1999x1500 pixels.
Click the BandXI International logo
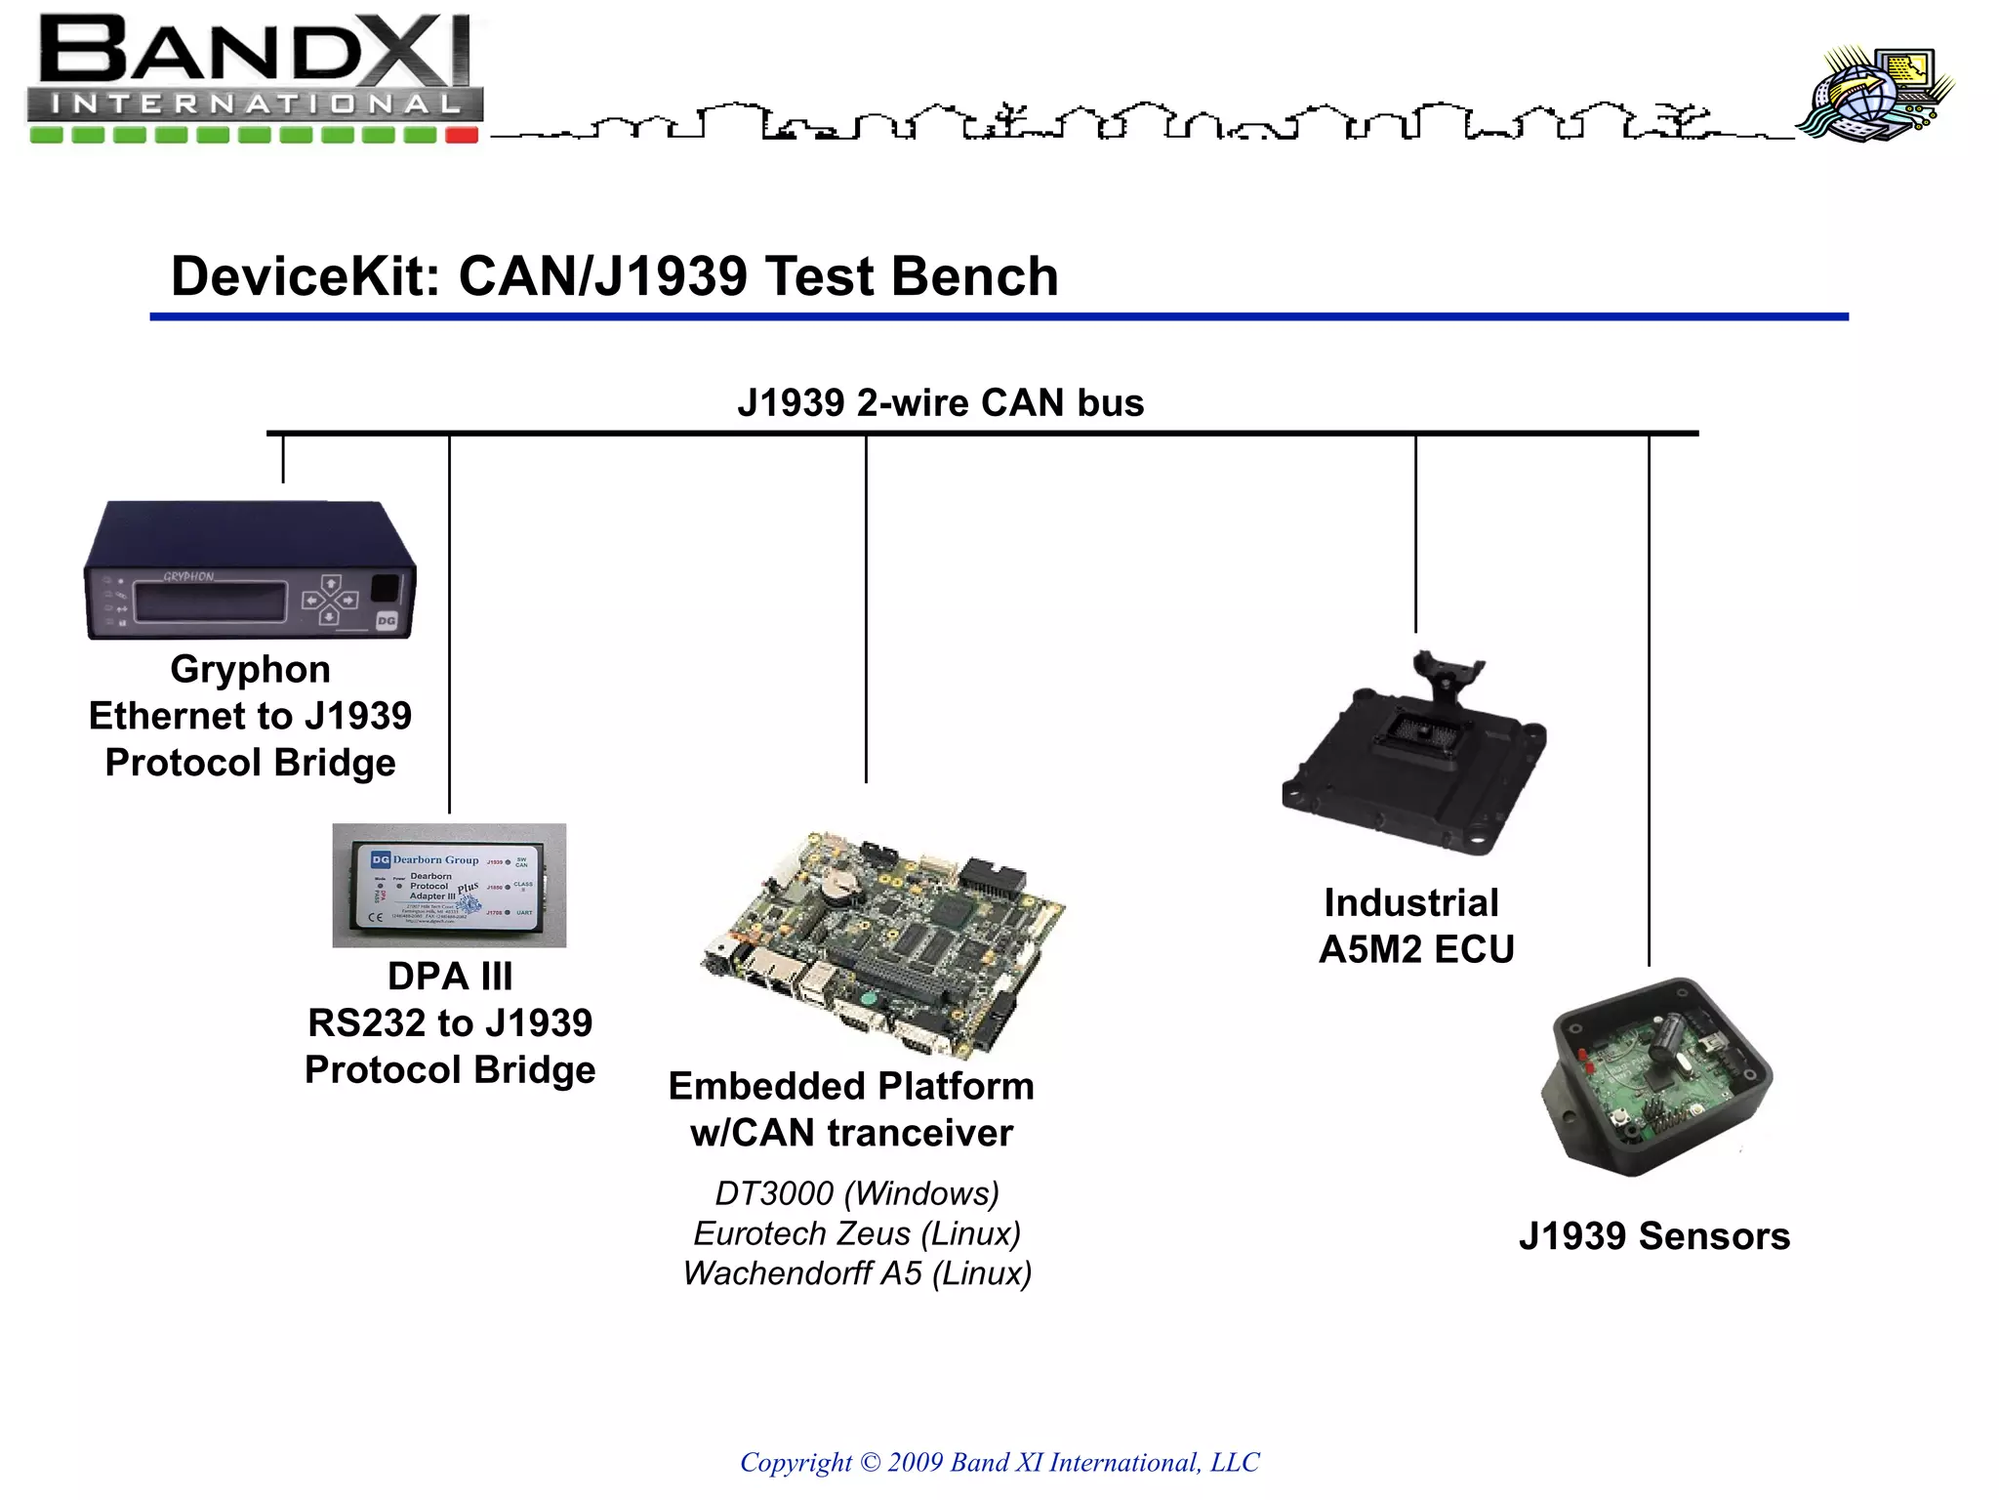(254, 78)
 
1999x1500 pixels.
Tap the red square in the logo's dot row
(462, 135)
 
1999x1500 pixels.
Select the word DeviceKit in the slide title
(305, 276)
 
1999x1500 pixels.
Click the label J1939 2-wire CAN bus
(940, 402)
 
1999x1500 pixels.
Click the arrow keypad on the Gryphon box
(329, 598)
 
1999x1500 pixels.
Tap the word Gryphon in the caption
(250, 670)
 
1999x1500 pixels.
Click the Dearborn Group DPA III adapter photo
(449, 885)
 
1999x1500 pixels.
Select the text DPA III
(449, 977)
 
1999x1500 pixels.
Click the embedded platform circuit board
(883, 942)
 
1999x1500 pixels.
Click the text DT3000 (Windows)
(857, 1193)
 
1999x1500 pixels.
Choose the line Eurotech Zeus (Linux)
(857, 1233)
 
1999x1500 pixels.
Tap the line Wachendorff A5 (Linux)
(857, 1273)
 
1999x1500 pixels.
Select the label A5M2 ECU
(1415, 949)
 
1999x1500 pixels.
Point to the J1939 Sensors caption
(1654, 1236)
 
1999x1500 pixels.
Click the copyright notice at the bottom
(999, 1462)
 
